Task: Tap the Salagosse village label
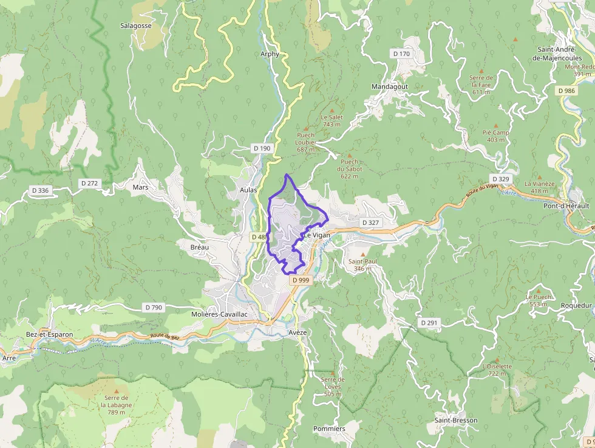coord(137,26)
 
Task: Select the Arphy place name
coord(270,54)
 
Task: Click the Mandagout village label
coord(390,86)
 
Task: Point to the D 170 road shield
coord(401,54)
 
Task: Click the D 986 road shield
coord(566,91)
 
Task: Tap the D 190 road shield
coord(262,148)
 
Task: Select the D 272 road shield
coord(89,183)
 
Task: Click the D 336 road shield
coord(40,190)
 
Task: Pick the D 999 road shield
coord(300,280)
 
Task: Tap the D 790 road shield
coord(154,308)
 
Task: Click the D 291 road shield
coord(429,323)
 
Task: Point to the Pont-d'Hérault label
coord(566,206)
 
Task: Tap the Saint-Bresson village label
coord(455,420)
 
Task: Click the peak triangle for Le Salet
coord(332,110)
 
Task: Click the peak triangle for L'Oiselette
coord(497,359)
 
